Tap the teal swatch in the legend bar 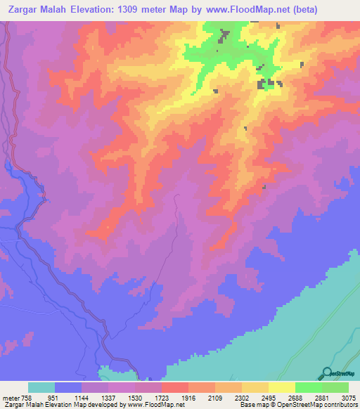(x=41, y=387)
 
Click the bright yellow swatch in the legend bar (x=281, y=387)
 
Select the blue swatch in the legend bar (x=68, y=387)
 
